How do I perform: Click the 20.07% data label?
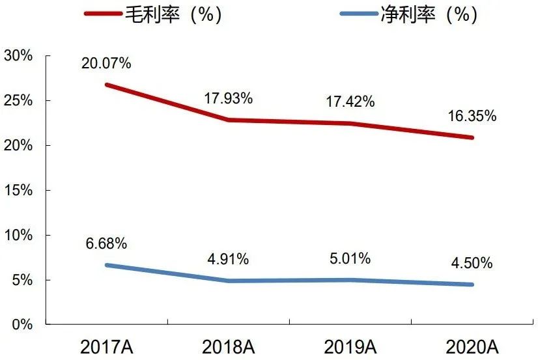106,63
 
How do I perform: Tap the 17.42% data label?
350,102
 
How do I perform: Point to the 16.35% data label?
472,117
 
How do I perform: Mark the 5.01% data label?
349,259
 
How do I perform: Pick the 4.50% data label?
472,264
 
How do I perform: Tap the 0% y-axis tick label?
21,324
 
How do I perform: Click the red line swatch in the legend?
102,14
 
